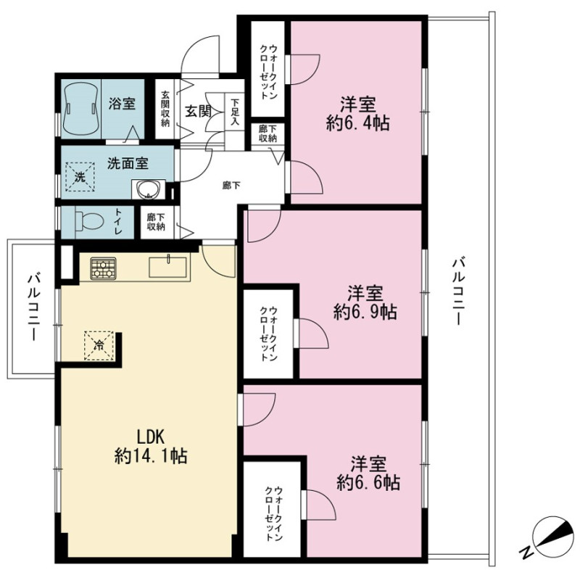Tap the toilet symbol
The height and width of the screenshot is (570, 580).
click(x=89, y=222)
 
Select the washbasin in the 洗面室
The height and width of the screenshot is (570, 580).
click(x=149, y=190)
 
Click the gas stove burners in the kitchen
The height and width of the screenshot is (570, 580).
click(x=103, y=268)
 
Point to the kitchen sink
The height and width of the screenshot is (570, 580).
click(x=168, y=267)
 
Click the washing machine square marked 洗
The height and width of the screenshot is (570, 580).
click(x=80, y=176)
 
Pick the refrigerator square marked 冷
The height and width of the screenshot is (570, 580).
click(x=99, y=345)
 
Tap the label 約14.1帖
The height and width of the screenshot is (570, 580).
click(x=151, y=456)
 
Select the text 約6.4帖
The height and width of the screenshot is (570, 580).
click(x=357, y=123)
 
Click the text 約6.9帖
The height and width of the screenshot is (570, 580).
click(x=365, y=312)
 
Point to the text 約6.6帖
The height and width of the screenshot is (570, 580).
click(x=368, y=482)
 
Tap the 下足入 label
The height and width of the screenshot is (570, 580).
click(x=234, y=112)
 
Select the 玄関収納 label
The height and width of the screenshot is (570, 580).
click(x=165, y=109)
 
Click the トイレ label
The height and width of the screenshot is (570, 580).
click(x=119, y=222)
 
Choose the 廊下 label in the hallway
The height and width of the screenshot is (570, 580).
click(x=231, y=186)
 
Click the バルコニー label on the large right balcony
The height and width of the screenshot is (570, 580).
click(x=457, y=292)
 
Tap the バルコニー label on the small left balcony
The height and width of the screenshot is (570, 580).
click(x=33, y=307)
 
